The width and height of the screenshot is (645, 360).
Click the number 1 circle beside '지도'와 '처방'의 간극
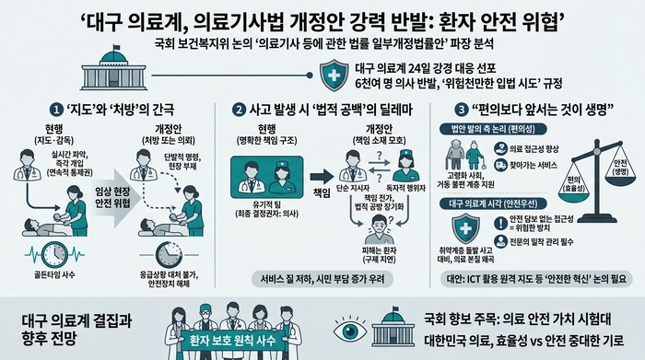[60, 109]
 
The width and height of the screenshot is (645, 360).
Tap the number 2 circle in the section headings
[239, 109]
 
